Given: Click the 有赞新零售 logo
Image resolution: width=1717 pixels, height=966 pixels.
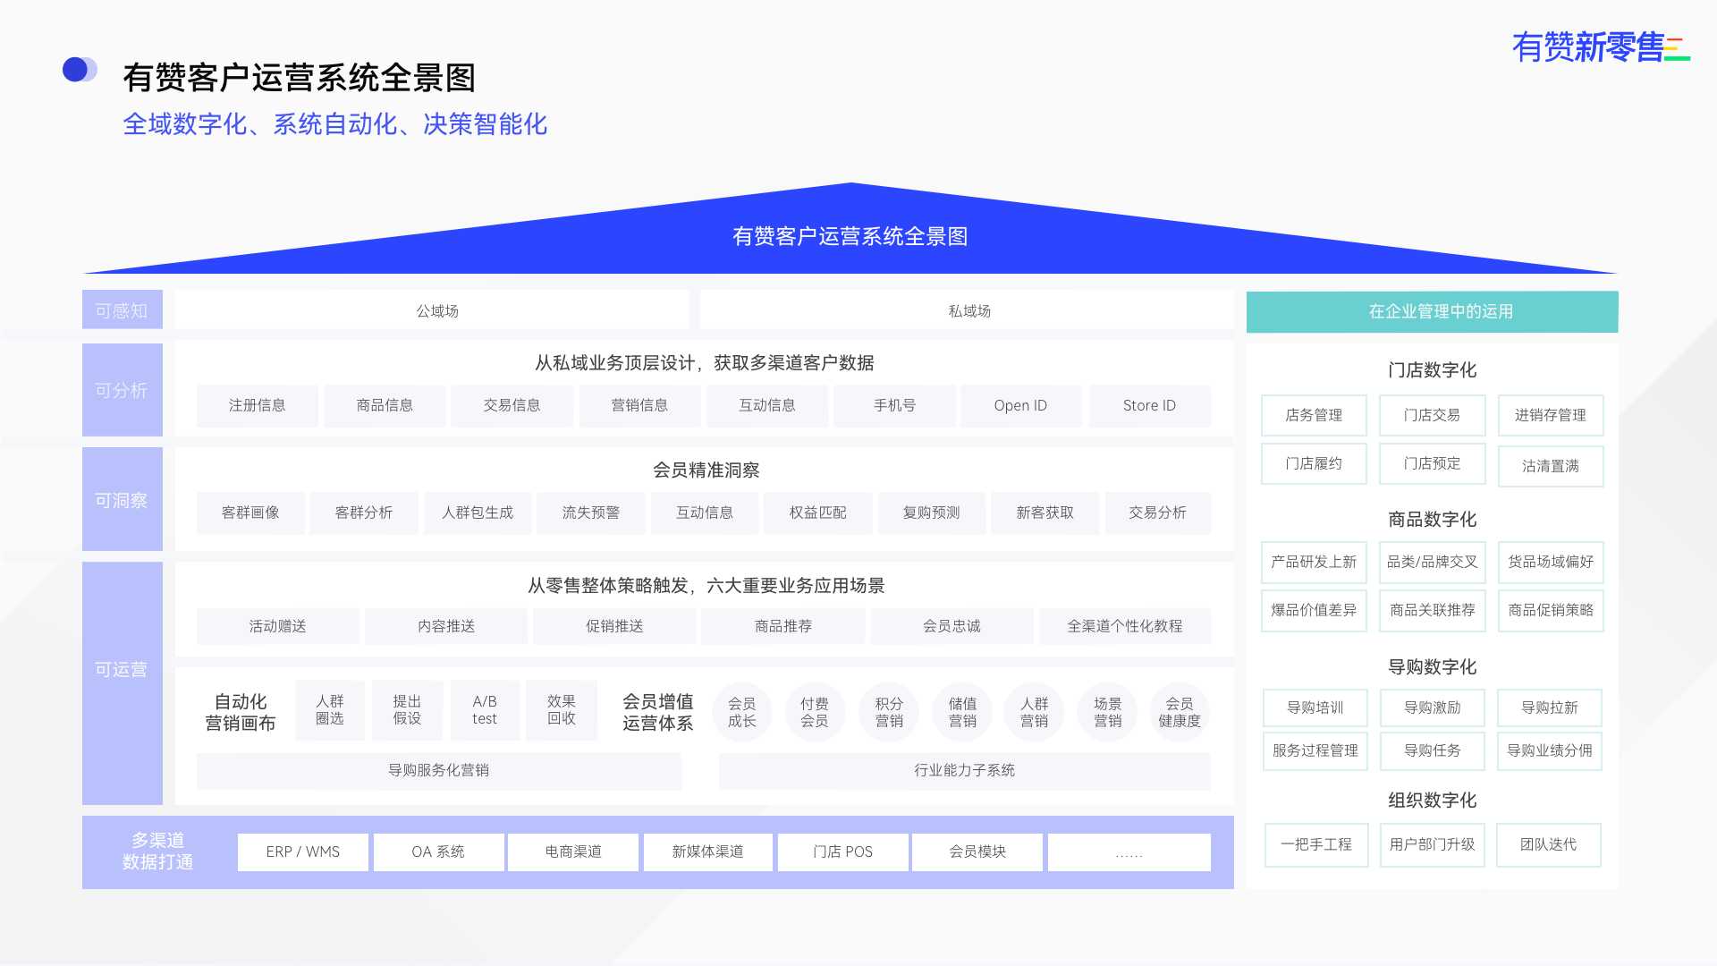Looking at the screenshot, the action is pyautogui.click(x=1600, y=47).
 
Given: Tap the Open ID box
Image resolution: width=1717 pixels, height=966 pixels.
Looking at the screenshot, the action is pyautogui.click(x=1020, y=405).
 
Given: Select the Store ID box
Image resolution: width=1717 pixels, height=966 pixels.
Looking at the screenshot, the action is pyautogui.click(x=1149, y=405).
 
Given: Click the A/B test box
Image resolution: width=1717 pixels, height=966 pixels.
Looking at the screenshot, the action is pyautogui.click(x=485, y=710).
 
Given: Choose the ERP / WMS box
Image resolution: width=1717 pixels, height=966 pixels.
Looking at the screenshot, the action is pyautogui.click(x=303, y=852).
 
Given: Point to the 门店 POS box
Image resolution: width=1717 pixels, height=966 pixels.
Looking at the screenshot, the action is pyautogui.click(x=843, y=852).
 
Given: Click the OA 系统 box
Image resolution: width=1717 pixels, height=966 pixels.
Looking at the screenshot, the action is pyautogui.click(x=438, y=852).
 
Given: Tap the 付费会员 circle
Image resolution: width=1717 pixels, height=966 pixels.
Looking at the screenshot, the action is pyautogui.click(x=815, y=712).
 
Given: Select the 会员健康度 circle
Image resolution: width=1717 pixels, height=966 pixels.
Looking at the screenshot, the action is pyautogui.click(x=1180, y=712).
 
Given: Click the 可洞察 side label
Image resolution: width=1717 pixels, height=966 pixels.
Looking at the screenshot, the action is pyautogui.click(x=123, y=499).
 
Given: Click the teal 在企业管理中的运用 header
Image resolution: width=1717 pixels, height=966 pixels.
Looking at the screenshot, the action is pyautogui.click(x=1433, y=311).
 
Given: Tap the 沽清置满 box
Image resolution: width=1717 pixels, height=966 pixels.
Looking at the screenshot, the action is pyautogui.click(x=1551, y=466).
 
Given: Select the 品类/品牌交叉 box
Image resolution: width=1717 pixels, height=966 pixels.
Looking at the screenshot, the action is pyautogui.click(x=1433, y=562).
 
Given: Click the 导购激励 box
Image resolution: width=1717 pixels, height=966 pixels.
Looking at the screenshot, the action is pyautogui.click(x=1433, y=708).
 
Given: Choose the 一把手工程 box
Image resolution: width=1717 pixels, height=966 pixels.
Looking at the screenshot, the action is pyautogui.click(x=1316, y=844).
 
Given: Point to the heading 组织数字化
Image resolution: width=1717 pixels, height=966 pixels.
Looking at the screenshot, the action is pyautogui.click(x=1433, y=800).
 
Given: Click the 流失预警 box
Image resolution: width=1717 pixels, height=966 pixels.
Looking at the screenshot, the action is pyautogui.click(x=591, y=513).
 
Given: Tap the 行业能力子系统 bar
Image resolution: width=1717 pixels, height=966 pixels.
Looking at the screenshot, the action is pyautogui.click(x=965, y=770).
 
